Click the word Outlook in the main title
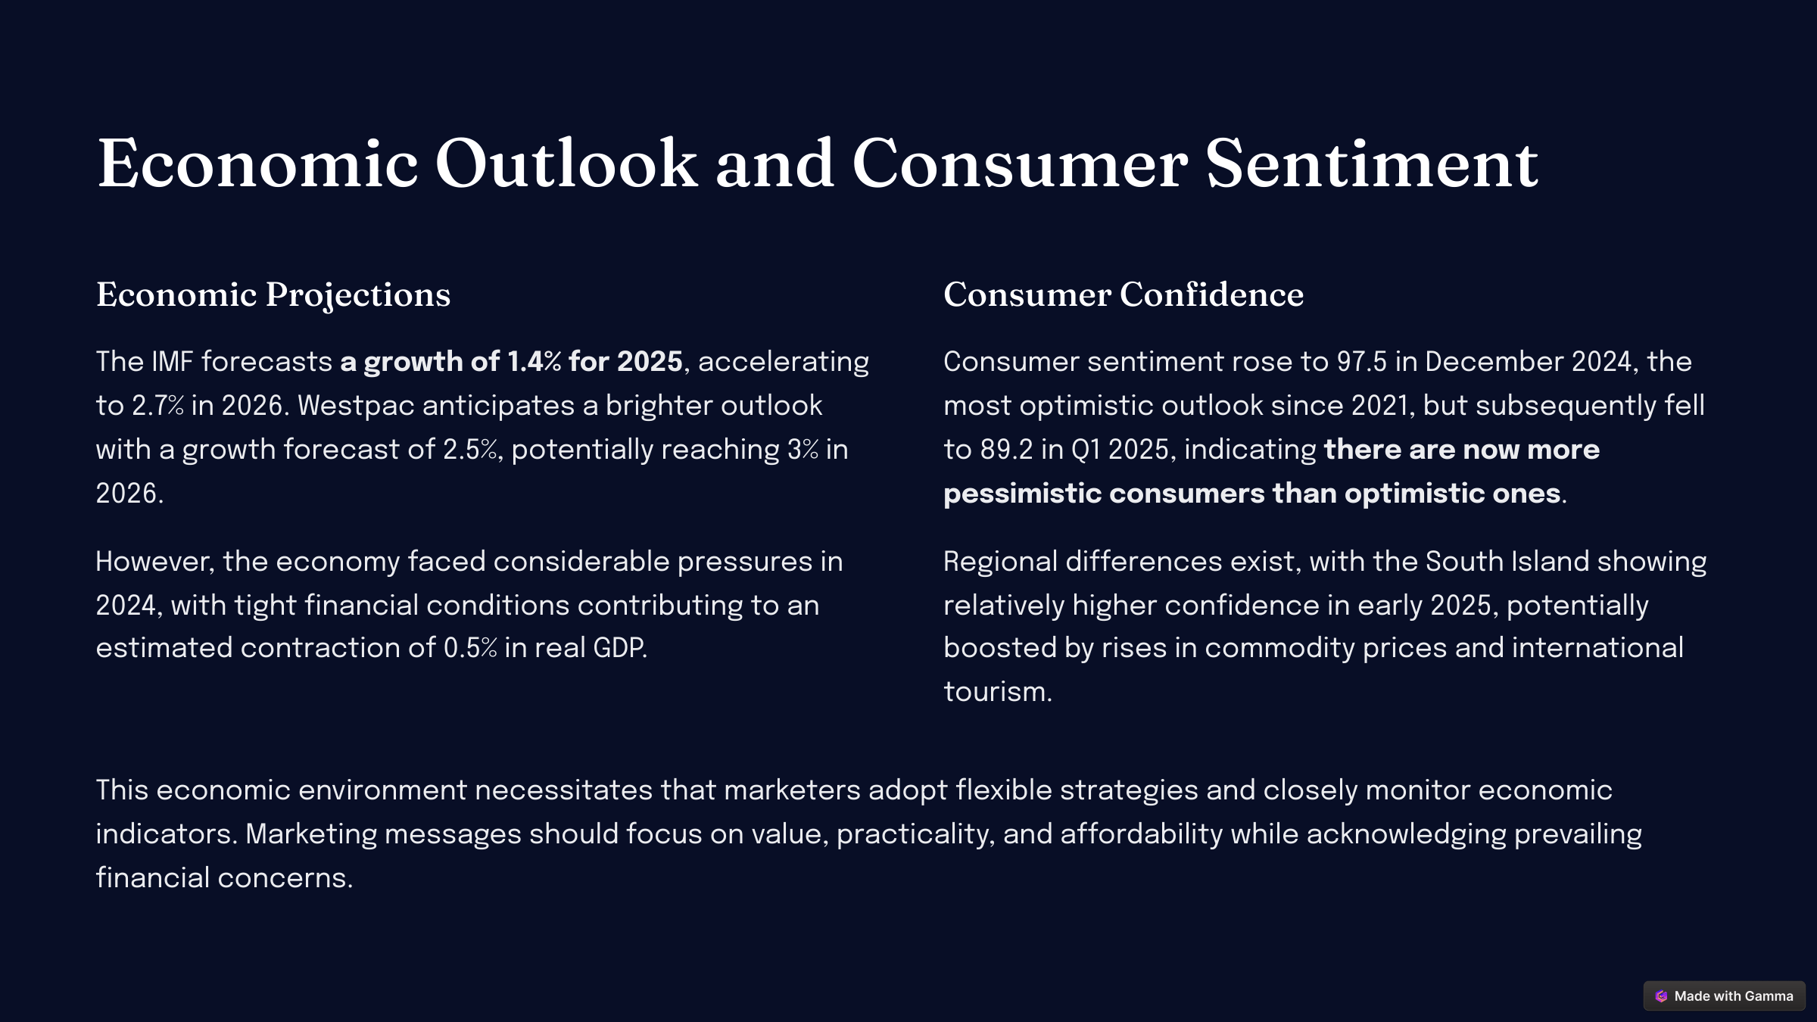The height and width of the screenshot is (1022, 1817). [566, 164]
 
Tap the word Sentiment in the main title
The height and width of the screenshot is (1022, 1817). [1371, 164]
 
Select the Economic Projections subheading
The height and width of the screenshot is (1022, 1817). [273, 295]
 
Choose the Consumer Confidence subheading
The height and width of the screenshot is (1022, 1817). [1124, 294]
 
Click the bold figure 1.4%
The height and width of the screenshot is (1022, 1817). [535, 362]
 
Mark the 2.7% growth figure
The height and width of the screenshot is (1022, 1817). [158, 406]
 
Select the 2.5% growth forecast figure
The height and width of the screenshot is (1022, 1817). [470, 450]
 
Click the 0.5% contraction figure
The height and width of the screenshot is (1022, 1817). [470, 648]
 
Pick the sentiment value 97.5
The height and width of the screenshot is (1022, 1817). [1361, 362]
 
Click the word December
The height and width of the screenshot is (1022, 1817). [1494, 362]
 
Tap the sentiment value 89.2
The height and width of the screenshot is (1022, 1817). [1006, 450]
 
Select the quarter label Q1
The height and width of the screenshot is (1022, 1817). [1086, 450]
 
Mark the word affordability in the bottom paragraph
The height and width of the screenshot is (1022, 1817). [1141, 834]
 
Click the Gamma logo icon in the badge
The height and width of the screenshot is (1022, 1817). [1661, 996]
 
